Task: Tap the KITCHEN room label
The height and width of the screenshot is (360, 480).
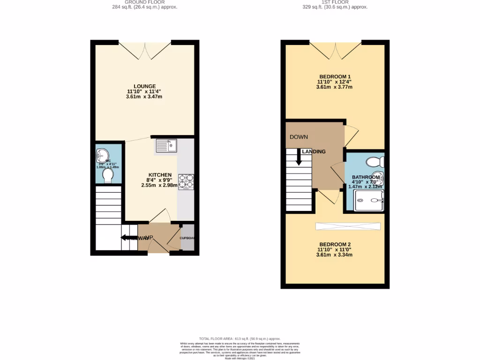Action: click(x=157, y=175)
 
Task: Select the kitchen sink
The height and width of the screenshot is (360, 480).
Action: click(x=165, y=146)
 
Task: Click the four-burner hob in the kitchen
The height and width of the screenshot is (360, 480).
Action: click(x=186, y=182)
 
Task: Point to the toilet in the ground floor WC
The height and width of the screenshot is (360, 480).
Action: click(x=108, y=175)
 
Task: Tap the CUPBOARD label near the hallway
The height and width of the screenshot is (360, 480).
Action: click(x=187, y=238)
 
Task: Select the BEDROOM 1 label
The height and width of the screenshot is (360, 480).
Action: click(x=335, y=76)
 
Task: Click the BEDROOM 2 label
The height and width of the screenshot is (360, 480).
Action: click(x=335, y=245)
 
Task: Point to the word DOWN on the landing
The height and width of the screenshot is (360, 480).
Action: click(x=299, y=137)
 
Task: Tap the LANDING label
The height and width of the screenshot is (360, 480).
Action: click(x=314, y=152)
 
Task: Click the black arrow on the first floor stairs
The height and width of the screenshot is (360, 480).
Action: click(x=298, y=157)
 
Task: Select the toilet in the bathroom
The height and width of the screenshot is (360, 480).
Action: click(x=375, y=162)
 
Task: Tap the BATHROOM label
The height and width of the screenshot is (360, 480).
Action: click(x=366, y=177)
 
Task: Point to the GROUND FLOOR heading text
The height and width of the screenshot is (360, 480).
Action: click(x=144, y=2)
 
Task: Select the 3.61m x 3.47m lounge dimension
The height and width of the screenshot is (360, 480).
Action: click(x=144, y=97)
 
